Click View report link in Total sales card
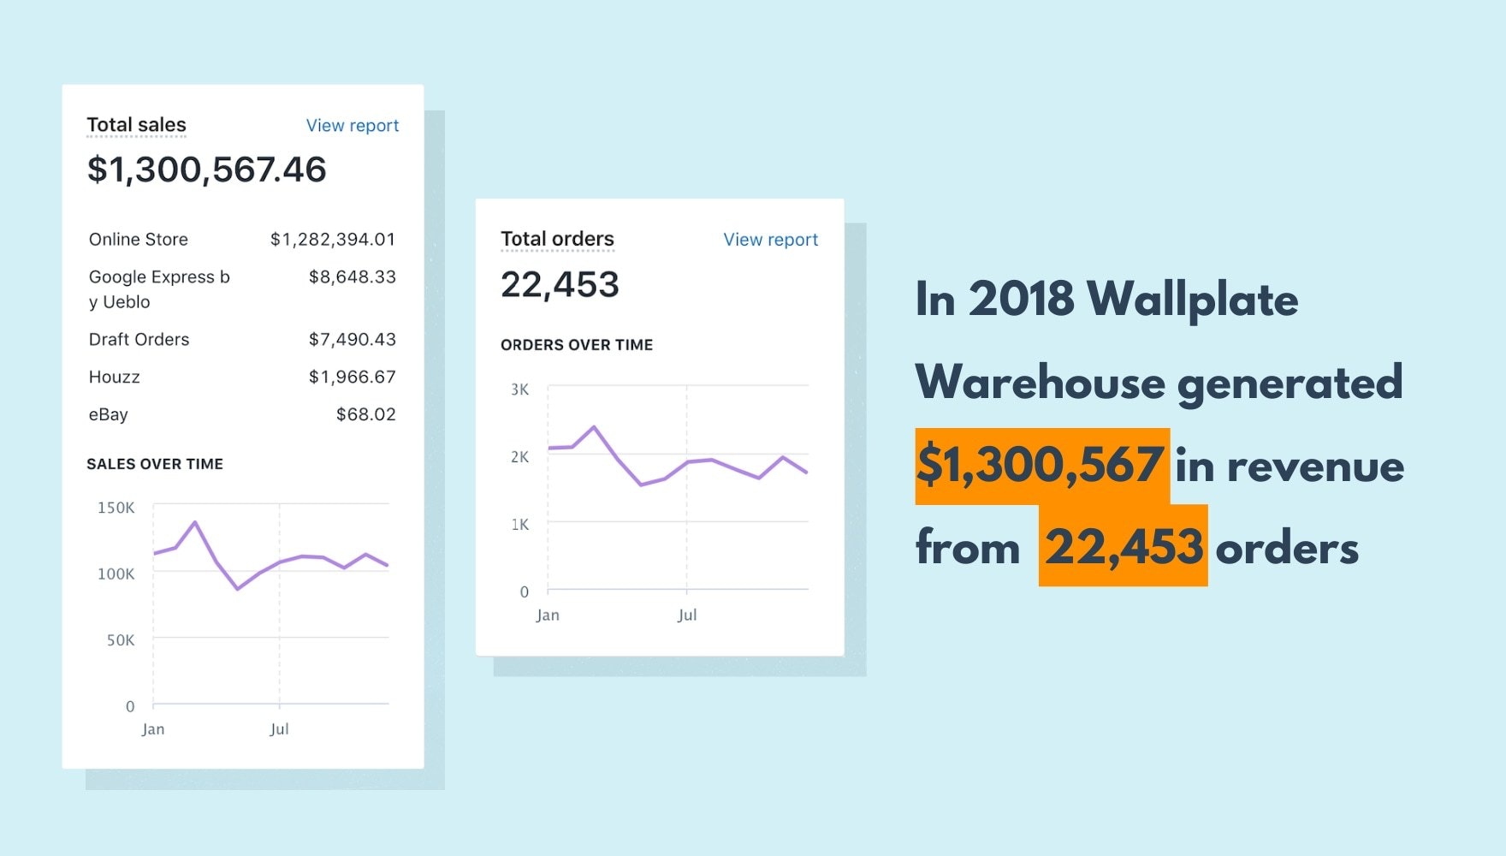click(x=352, y=126)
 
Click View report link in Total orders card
click(x=770, y=240)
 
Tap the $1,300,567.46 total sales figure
click(x=206, y=169)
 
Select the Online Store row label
click(x=138, y=240)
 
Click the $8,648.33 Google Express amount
click(x=352, y=277)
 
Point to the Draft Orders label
click(x=139, y=340)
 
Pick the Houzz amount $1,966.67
click(x=352, y=377)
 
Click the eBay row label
click(x=108, y=415)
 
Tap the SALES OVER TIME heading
click(x=155, y=464)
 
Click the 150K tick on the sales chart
click(x=116, y=508)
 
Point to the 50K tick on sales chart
click(x=120, y=640)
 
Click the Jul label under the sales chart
click(x=279, y=729)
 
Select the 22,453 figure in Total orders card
click(x=560, y=285)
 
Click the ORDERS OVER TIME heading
click(x=577, y=345)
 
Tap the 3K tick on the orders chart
click(x=519, y=389)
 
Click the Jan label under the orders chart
click(x=547, y=615)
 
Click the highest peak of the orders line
click(x=594, y=426)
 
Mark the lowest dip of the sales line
click(x=238, y=589)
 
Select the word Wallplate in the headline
click(x=1192, y=300)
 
